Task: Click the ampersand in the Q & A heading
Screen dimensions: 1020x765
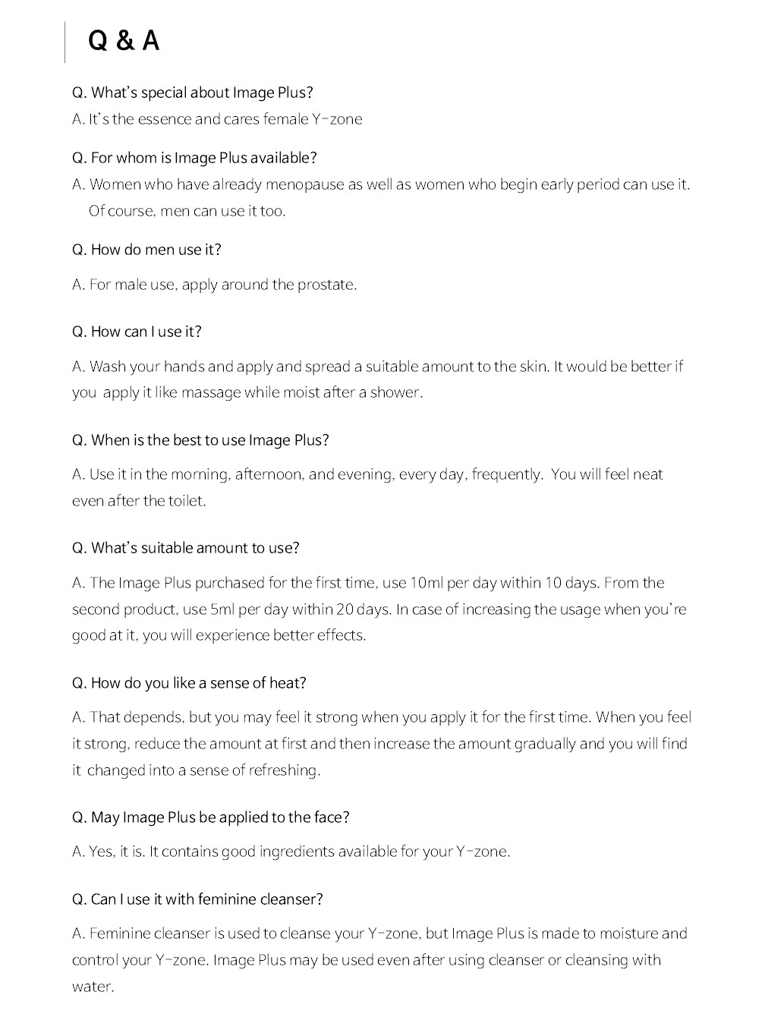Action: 124,41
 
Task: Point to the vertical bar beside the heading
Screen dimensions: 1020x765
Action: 65,42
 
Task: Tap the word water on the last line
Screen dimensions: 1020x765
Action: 92,987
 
